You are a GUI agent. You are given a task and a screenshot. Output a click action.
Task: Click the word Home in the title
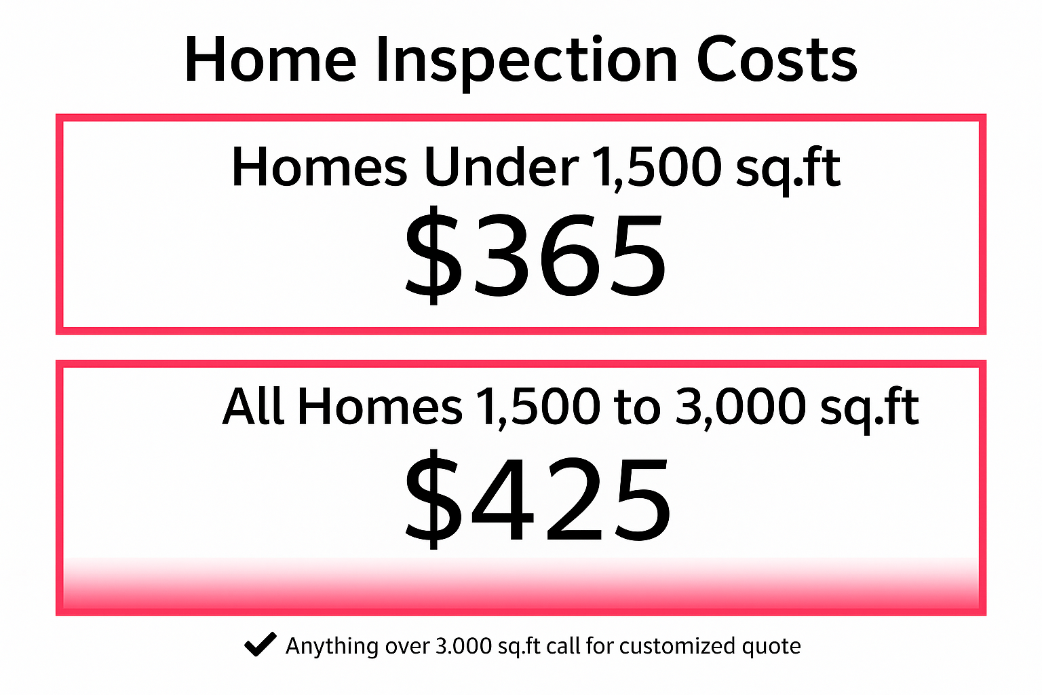click(x=271, y=59)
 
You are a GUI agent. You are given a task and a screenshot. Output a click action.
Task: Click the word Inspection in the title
click(x=526, y=63)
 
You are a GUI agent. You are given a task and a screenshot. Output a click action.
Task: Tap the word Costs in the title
click(x=776, y=59)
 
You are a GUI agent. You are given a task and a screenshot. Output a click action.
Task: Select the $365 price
click(x=535, y=255)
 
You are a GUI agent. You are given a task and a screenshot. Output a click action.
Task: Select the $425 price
click(x=538, y=499)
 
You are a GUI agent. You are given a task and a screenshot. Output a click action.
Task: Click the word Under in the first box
click(x=501, y=167)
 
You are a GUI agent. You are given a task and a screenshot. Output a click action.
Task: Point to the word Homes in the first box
click(x=320, y=167)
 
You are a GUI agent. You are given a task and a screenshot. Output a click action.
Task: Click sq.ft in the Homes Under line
click(x=788, y=170)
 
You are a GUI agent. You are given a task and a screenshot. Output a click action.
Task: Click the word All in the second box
click(x=253, y=405)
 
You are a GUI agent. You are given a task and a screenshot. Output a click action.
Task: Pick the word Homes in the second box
click(x=380, y=405)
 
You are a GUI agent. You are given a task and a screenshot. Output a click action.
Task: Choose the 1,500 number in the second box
click(x=538, y=408)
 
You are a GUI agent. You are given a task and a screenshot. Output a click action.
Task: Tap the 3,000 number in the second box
click(x=740, y=408)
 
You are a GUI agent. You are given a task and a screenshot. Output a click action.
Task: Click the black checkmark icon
click(x=260, y=644)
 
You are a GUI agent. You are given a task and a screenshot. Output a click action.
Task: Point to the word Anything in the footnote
click(x=332, y=647)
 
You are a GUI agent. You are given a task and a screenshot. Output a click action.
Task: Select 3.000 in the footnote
click(x=464, y=646)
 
